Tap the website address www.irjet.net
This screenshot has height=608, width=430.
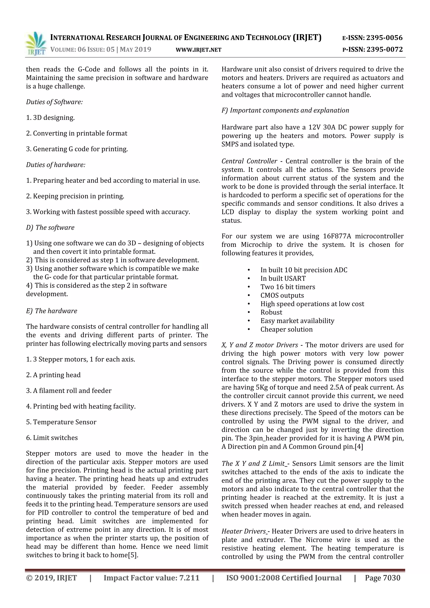(x=198, y=50)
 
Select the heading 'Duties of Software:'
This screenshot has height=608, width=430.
(x=54, y=102)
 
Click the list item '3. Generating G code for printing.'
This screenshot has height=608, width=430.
(x=77, y=149)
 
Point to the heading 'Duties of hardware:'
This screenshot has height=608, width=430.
(x=56, y=165)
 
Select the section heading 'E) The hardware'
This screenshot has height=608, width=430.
(x=51, y=311)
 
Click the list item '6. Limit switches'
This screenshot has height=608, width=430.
(x=52, y=438)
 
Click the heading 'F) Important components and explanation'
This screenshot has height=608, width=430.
(x=285, y=110)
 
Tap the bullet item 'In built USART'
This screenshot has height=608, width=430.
(x=283, y=279)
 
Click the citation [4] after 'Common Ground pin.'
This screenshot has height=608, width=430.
(x=359, y=447)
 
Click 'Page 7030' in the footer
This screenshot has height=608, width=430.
(x=382, y=578)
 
